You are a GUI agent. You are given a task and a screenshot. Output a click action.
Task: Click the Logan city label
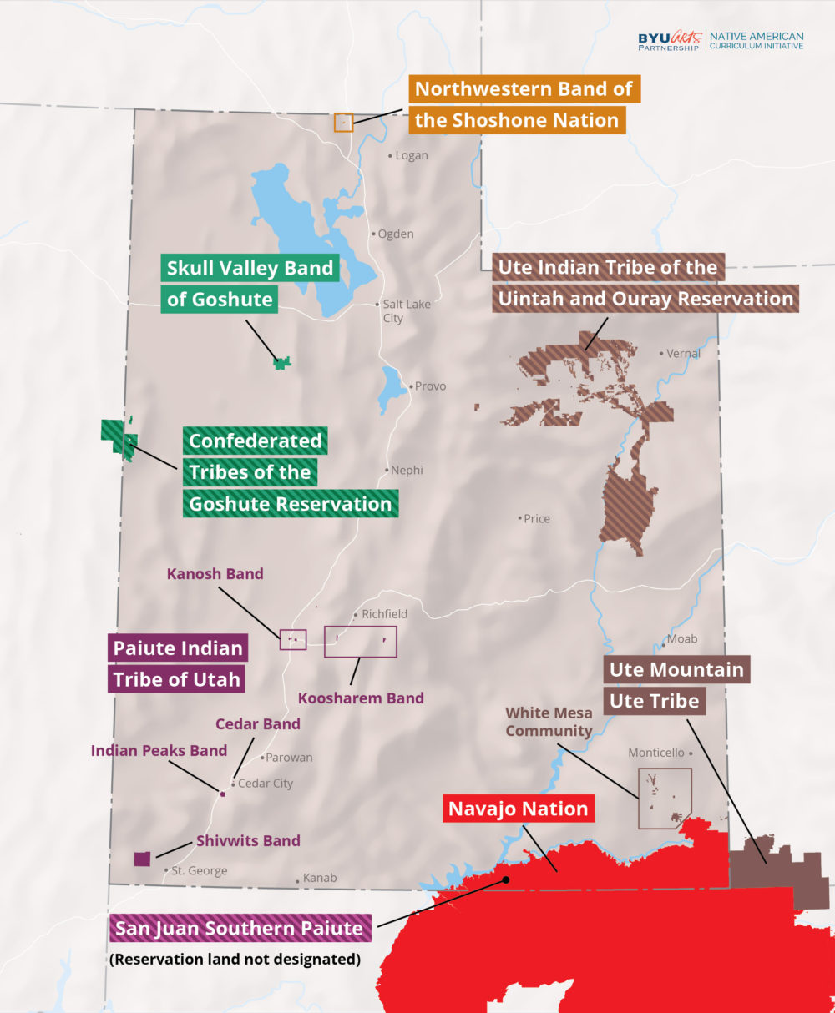pyautogui.click(x=412, y=155)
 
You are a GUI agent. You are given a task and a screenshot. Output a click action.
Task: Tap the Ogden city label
pyautogui.click(x=396, y=234)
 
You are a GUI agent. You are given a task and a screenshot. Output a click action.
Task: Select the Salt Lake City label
pyautogui.click(x=406, y=310)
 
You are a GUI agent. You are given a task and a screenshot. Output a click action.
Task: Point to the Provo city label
pyautogui.click(x=430, y=386)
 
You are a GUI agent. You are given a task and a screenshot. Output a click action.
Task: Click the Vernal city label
pyautogui.click(x=683, y=353)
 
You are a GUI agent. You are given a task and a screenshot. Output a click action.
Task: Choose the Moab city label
pyautogui.click(x=681, y=639)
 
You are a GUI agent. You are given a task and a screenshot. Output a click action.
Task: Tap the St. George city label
pyautogui.click(x=199, y=870)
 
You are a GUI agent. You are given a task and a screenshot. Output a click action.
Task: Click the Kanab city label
pyautogui.click(x=320, y=878)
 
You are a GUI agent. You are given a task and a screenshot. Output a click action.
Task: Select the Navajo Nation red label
pyautogui.click(x=519, y=809)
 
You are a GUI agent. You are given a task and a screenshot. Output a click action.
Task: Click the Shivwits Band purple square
pyautogui.click(x=143, y=859)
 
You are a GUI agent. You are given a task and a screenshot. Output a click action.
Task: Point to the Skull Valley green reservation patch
pyautogui.click(x=283, y=363)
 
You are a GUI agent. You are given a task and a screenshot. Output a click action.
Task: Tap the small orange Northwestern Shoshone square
pyautogui.click(x=343, y=122)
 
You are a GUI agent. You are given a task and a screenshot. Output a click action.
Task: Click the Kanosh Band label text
pyautogui.click(x=215, y=573)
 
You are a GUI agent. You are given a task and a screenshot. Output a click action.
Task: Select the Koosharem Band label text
pyautogui.click(x=361, y=698)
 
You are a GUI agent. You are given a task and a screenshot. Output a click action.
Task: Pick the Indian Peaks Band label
pyautogui.click(x=159, y=750)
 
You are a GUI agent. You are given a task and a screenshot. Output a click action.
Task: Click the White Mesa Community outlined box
pyautogui.click(x=665, y=799)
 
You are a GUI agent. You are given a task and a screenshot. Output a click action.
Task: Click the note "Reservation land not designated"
pyautogui.click(x=235, y=959)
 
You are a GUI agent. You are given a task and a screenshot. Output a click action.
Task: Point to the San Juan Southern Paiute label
pyautogui.click(x=240, y=928)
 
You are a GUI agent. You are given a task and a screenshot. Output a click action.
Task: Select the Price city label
pyautogui.click(x=536, y=518)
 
